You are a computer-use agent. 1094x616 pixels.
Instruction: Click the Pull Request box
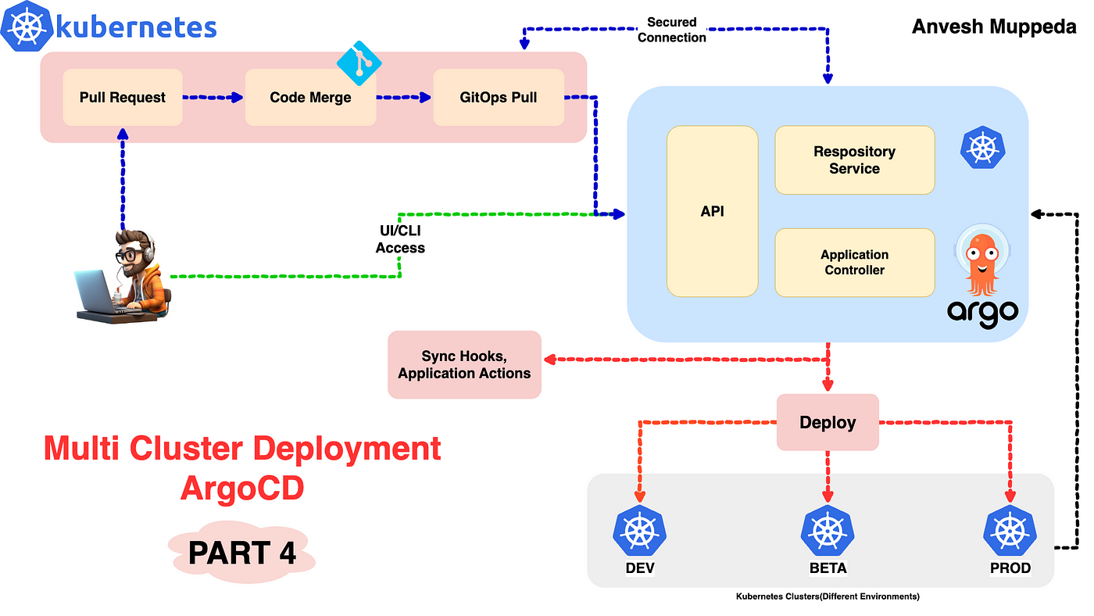click(123, 97)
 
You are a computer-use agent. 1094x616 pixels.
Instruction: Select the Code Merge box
click(311, 97)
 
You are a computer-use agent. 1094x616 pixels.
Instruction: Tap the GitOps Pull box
click(499, 97)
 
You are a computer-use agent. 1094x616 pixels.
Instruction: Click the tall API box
click(713, 211)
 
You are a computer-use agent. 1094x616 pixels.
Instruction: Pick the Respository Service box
click(855, 159)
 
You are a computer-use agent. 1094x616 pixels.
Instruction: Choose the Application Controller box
click(855, 263)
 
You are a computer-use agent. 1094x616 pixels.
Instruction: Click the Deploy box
click(828, 422)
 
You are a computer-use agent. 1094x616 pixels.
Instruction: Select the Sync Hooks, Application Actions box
click(464, 364)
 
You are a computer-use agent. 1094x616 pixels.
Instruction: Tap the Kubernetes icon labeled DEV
click(640, 531)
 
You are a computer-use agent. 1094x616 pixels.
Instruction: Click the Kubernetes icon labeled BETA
click(828, 531)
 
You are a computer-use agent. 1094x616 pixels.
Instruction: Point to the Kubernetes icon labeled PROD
click(1010, 531)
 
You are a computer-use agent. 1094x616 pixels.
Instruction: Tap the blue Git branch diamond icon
click(359, 63)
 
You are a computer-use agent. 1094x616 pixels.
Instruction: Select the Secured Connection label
click(672, 30)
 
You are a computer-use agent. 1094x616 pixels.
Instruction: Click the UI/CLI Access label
click(400, 239)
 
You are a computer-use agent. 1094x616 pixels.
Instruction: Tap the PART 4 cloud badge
click(242, 552)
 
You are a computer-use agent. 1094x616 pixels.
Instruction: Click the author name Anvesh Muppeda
click(994, 27)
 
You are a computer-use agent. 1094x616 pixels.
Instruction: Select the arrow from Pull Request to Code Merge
click(213, 97)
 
